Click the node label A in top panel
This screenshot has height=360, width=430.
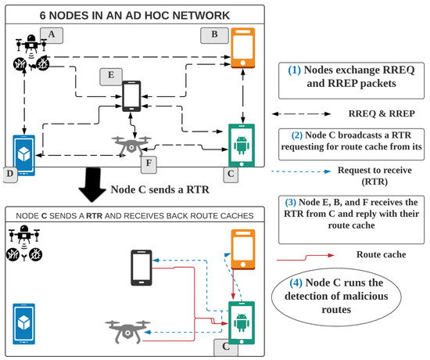pyautogui.click(x=52, y=34)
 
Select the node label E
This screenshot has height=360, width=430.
pyautogui.click(x=109, y=75)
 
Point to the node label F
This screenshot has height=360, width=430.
pyautogui.click(x=149, y=166)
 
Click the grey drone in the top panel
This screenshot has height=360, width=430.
pyautogui.click(x=130, y=145)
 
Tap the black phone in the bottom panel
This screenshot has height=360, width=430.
pyautogui.click(x=142, y=268)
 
